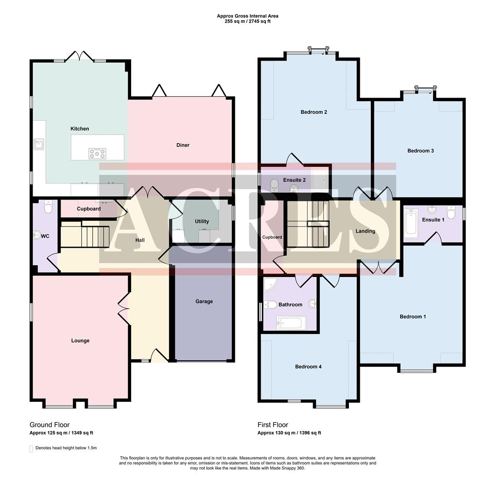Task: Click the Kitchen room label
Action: coord(79,129)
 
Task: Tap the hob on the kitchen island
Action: coord(97,153)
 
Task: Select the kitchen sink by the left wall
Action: coord(39,143)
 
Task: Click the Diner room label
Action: coord(183,145)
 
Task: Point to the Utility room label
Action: coord(202,221)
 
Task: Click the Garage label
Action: coord(204,301)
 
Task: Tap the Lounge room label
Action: coord(80,341)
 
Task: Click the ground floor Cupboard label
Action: coord(89,209)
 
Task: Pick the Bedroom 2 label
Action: coord(314,112)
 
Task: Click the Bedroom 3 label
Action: coord(420,151)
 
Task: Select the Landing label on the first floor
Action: coord(365,231)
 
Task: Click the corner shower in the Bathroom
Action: coord(269,285)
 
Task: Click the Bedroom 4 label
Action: coord(308,367)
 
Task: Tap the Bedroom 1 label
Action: coord(412,316)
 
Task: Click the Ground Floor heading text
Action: coord(49,425)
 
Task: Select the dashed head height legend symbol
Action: coord(31,448)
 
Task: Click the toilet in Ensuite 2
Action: coord(274,183)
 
